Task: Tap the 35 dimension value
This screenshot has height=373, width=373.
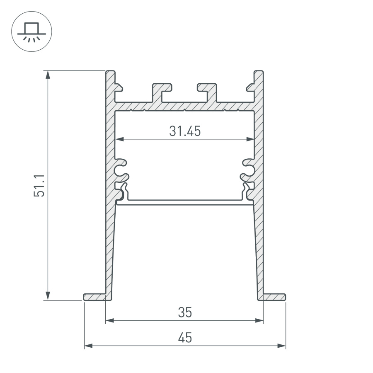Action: pyautogui.click(x=185, y=312)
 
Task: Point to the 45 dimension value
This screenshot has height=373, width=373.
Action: pyautogui.click(x=185, y=338)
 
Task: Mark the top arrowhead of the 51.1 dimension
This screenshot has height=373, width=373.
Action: pyautogui.click(x=48, y=75)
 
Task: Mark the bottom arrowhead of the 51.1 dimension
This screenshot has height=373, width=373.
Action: pyautogui.click(x=48, y=295)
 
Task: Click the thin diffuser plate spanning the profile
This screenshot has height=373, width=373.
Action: pyautogui.click(x=185, y=202)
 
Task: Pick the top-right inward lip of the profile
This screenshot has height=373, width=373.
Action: pyautogui.click(x=250, y=87)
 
